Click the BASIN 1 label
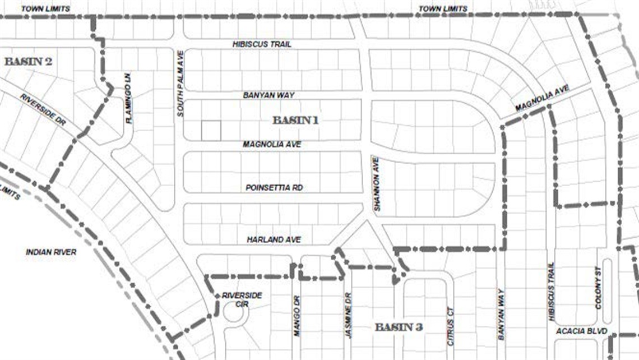[295, 119]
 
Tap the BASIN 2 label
[28, 61]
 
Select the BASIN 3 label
[398, 327]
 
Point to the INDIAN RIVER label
[51, 252]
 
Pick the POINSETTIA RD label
[274, 187]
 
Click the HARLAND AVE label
[274, 239]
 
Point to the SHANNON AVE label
[377, 184]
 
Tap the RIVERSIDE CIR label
[242, 299]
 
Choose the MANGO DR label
[297, 316]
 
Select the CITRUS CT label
[449, 324]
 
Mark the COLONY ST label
[598, 291]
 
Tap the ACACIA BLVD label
[582, 331]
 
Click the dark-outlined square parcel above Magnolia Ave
[211, 131]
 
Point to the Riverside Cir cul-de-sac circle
[235, 315]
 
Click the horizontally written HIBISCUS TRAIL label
[262, 44]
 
